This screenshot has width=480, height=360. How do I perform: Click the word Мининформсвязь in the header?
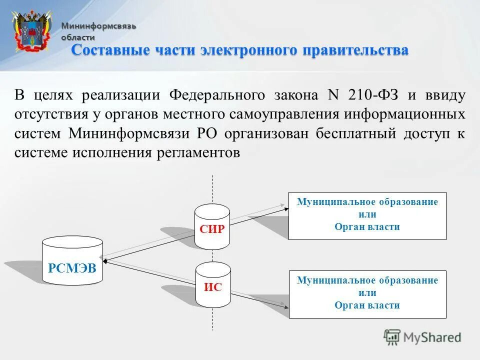[98, 26]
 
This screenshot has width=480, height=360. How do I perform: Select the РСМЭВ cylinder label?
[72, 267]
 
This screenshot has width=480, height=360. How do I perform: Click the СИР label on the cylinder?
[212, 229]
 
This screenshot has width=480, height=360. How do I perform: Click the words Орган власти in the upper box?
[367, 227]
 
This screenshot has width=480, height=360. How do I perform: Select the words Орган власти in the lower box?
[367, 305]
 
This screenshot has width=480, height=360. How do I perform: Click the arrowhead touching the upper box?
[286, 207]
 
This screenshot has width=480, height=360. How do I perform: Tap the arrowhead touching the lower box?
[286, 304]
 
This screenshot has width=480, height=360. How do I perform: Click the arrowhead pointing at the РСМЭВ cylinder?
[104, 260]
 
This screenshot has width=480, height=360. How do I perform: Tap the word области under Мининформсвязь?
[78, 37]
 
